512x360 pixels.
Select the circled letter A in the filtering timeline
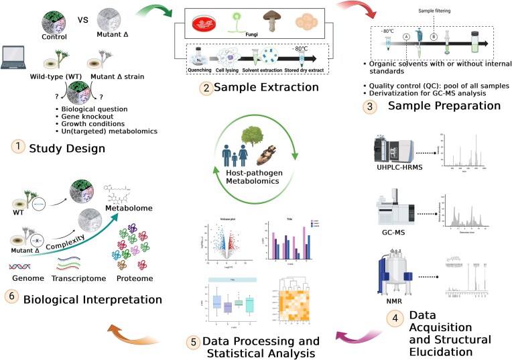pos(407,38)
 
